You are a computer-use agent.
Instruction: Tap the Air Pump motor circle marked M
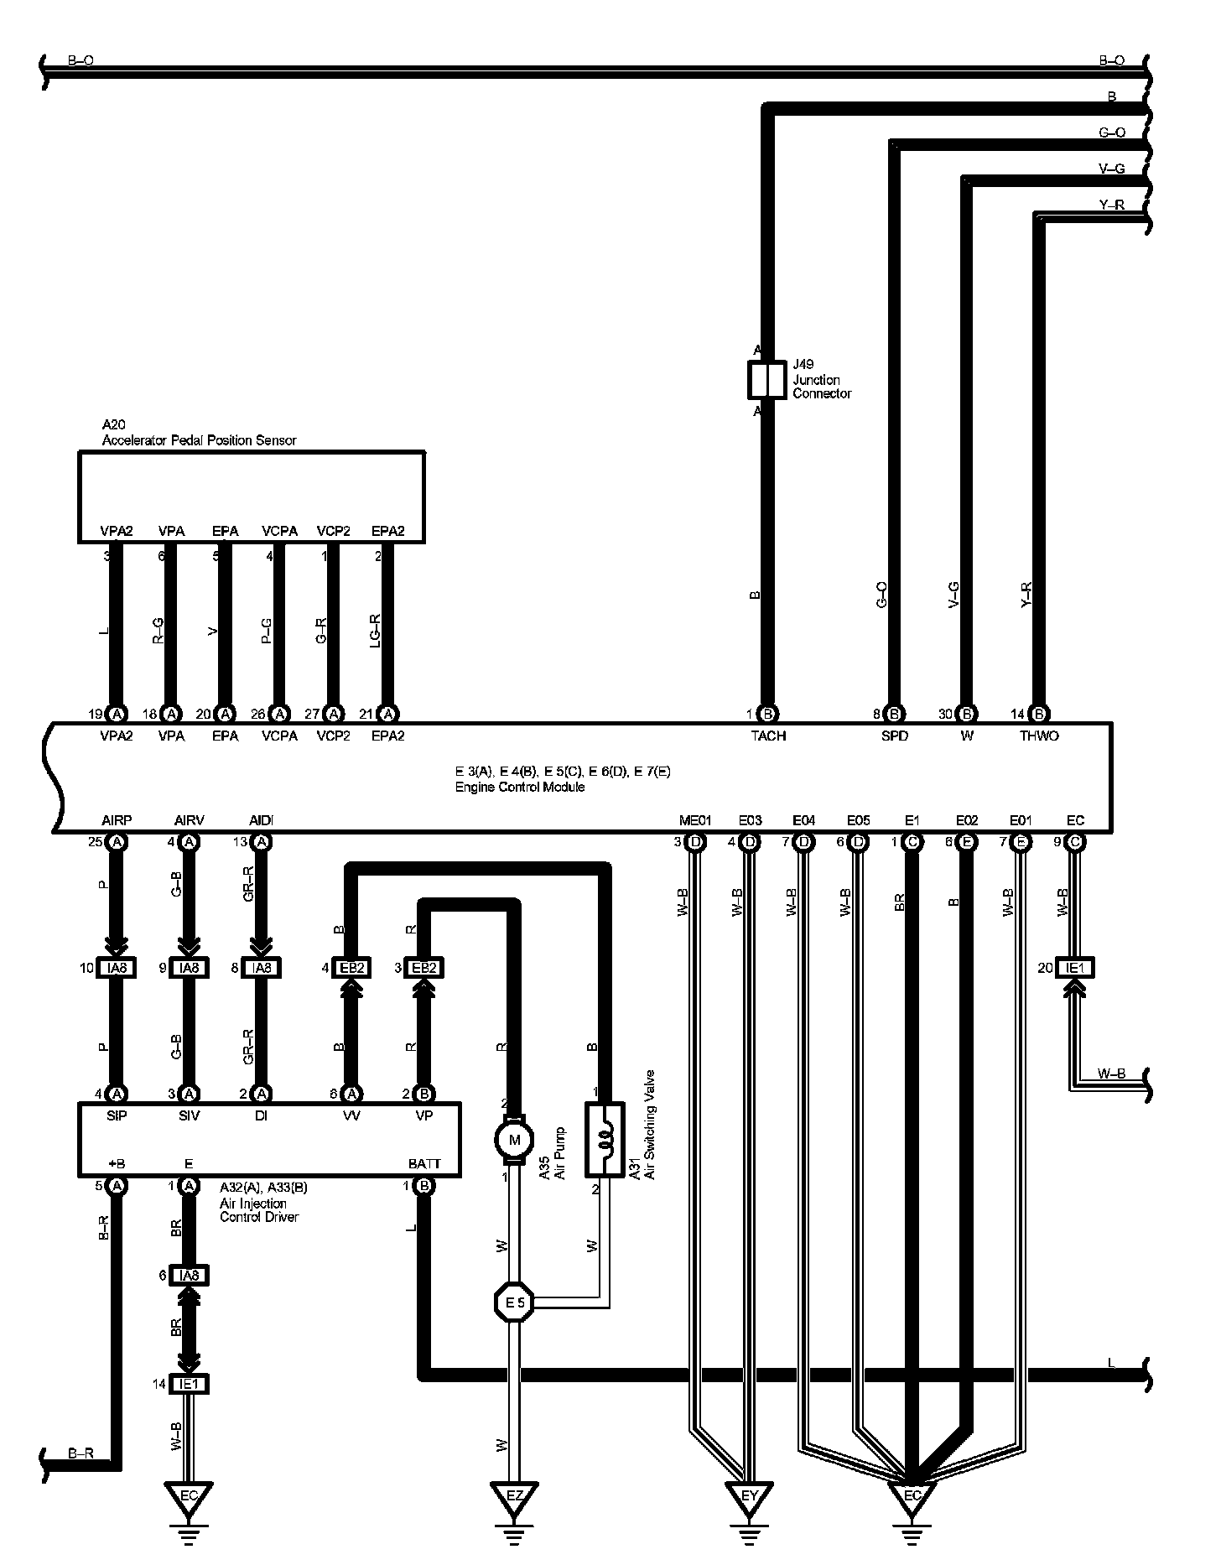pos(515,1140)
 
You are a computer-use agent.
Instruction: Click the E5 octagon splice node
pos(514,1302)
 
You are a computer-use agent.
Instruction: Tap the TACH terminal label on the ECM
pos(768,736)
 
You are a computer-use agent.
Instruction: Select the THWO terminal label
pos(1039,736)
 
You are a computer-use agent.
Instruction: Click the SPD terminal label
pos(895,736)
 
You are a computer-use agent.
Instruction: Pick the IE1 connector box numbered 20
pos(1075,968)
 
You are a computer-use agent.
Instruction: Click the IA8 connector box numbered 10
pos(117,968)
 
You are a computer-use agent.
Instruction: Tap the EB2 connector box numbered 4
pos(352,968)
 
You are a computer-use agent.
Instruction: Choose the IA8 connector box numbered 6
pos(189,1276)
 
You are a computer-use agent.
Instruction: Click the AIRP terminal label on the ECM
pos(117,820)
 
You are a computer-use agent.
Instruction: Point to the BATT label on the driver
pos(423,1164)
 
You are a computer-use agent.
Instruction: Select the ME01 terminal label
pos(694,820)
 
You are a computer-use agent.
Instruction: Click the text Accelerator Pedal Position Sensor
pos(199,440)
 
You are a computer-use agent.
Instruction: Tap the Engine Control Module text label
pos(520,788)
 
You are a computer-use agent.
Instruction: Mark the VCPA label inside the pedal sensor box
pos(279,531)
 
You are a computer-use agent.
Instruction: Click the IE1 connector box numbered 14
pos(189,1385)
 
